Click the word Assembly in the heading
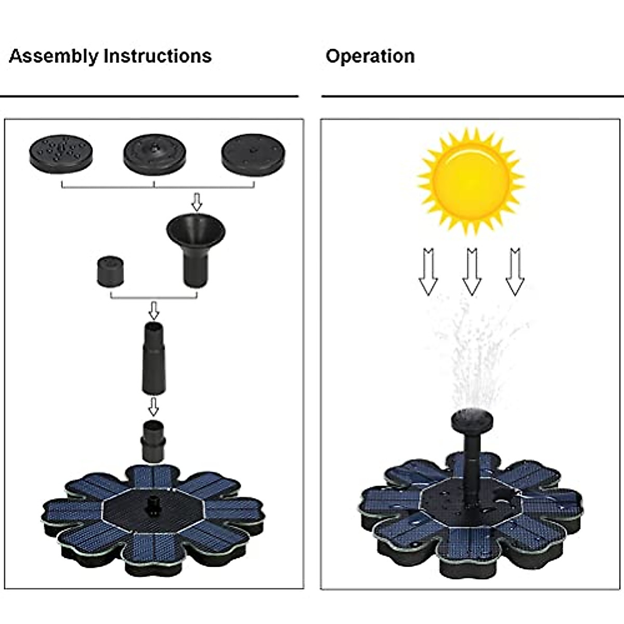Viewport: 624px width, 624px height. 54,56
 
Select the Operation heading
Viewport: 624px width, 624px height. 370,56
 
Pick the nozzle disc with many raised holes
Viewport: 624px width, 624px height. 61,154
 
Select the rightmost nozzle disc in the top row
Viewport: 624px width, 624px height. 253,154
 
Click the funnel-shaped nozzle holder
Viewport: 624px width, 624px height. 196,244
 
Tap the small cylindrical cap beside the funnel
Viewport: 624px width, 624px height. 111,270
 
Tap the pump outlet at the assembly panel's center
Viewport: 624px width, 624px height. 153,505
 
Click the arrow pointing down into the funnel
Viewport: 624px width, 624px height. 196,201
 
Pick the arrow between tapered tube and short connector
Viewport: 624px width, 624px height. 153,407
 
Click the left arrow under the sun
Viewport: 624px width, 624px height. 428,272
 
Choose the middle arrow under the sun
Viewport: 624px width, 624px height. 472,272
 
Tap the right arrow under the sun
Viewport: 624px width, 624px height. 515,272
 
